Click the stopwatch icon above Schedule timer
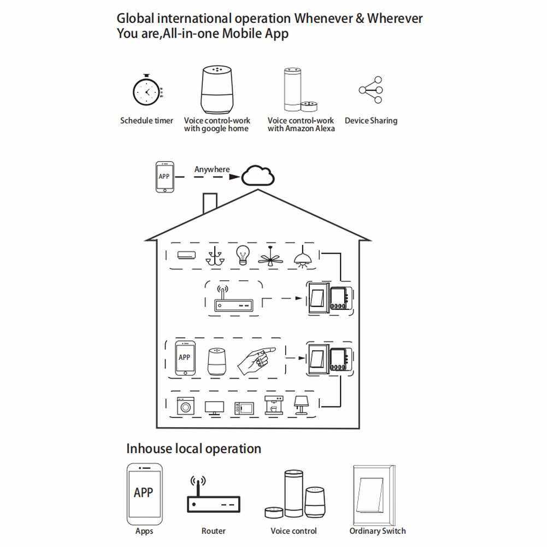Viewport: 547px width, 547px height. tap(146, 90)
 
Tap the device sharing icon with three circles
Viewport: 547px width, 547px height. tap(371, 90)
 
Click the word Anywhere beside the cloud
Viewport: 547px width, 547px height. tap(212, 169)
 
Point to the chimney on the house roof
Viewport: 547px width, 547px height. tap(210, 203)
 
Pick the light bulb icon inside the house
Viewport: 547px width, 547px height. tap(243, 255)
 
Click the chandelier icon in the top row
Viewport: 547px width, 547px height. tap(215, 255)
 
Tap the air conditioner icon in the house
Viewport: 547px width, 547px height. tap(186, 255)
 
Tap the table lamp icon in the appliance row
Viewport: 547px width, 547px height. tap(301, 405)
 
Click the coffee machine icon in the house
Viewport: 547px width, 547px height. tap(273, 405)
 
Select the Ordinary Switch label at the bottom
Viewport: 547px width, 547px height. tap(378, 531)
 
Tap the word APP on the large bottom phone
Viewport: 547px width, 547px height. tap(144, 492)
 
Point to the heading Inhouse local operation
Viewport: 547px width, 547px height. tap(193, 449)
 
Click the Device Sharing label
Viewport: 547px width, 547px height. tap(371, 121)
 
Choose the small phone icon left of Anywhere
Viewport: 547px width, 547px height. tap(164, 177)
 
